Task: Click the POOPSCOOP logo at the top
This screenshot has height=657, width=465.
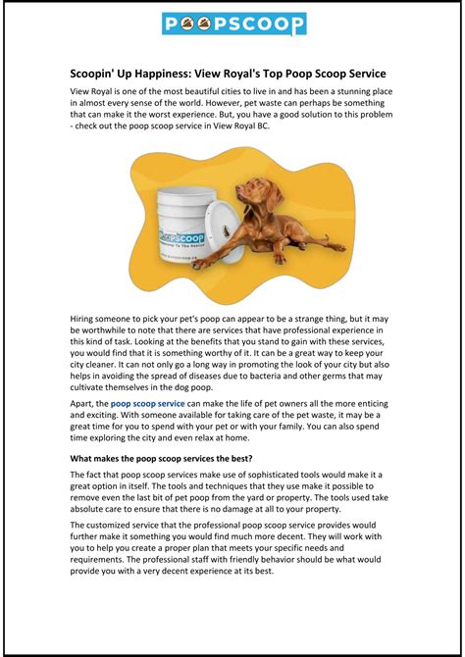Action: tap(232, 25)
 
